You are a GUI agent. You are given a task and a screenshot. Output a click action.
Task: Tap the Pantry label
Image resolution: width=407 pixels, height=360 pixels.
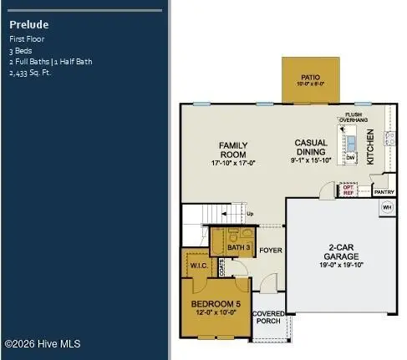[384, 192]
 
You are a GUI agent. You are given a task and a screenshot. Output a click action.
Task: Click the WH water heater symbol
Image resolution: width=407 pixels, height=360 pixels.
[386, 208]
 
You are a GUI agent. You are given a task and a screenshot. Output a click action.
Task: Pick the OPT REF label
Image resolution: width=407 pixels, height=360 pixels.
[348, 190]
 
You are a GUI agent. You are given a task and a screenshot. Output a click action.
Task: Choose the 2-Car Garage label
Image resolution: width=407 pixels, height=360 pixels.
[343, 248]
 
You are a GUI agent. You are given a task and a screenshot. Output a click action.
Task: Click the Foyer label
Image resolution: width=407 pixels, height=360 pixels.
[270, 250]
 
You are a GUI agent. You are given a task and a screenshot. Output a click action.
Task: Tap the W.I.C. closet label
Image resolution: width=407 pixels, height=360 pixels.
[199, 266]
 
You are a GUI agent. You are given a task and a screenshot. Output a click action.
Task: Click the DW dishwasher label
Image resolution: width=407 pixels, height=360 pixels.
[351, 157]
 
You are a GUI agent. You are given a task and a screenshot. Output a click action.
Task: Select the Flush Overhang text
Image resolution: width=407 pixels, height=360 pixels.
[353, 117]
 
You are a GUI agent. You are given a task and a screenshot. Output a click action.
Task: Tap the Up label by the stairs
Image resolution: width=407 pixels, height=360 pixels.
[250, 214]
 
